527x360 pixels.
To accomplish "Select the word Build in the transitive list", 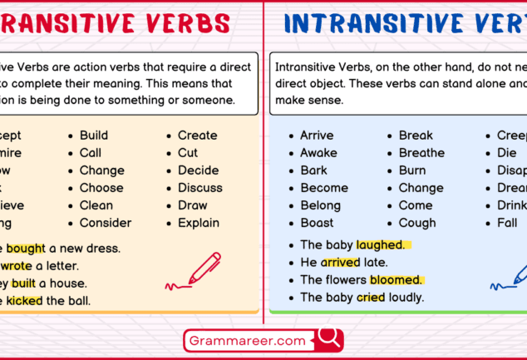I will (x=94, y=136).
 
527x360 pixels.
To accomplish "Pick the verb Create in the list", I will (x=198, y=136).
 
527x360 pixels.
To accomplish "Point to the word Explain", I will (x=199, y=223).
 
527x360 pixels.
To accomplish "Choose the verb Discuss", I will (x=199, y=188).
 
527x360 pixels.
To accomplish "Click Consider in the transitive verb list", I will (x=106, y=223).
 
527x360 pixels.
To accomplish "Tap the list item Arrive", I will (x=317, y=136).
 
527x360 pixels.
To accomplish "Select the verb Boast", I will (x=317, y=223).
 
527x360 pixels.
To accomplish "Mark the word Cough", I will (x=417, y=223).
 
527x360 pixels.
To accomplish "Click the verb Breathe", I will (x=421, y=153).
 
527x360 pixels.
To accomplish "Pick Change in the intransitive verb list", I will (x=421, y=188).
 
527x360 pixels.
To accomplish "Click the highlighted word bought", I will (x=26, y=248).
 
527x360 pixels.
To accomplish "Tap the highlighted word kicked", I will (x=25, y=300).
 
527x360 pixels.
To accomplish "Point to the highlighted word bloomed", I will (x=396, y=279).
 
